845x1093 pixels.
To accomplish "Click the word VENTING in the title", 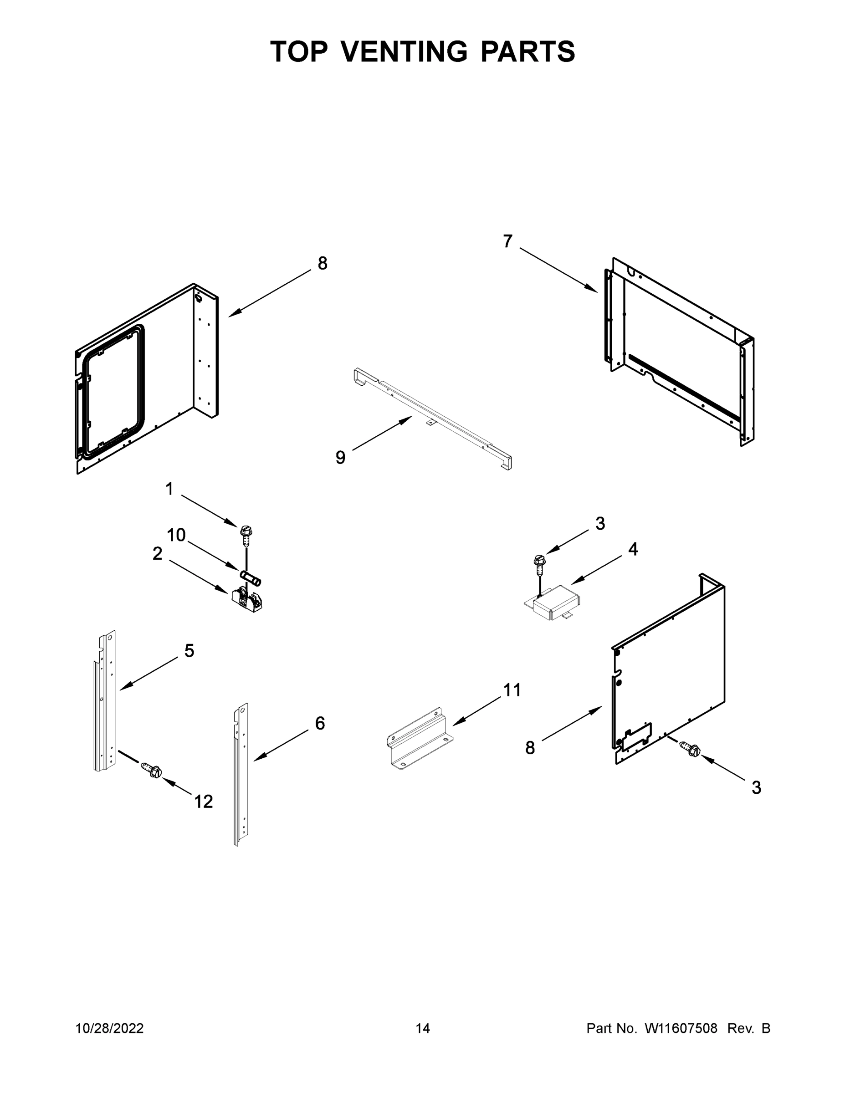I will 405,51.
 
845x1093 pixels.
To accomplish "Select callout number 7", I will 507,241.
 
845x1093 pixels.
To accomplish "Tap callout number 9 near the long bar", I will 340,457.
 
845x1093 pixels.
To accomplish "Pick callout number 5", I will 189,651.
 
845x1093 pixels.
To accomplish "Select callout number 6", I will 320,723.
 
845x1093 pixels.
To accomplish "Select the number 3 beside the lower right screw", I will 756,788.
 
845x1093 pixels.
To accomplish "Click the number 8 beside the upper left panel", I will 323,263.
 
